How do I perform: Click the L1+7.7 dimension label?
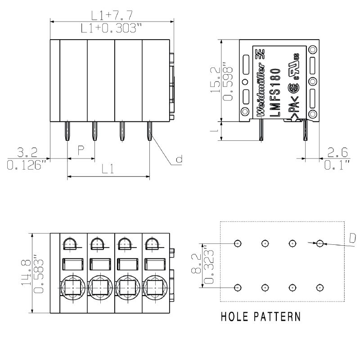pos(112,15)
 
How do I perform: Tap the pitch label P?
pos(81,150)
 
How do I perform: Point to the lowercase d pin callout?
pos(179,159)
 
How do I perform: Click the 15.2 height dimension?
pos(216,80)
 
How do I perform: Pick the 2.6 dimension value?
pos(337,152)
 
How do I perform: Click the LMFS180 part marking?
pos(275,92)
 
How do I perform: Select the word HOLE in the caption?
pos(234,317)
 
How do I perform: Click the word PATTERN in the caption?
pos(277,317)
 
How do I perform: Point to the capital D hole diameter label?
pos(352,238)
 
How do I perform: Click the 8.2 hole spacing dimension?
pos(196,263)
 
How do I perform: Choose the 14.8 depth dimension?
pos(26,273)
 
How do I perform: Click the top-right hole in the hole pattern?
pos(320,243)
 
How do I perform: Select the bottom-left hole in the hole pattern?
pos(238,288)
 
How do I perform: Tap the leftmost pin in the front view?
pos(67,131)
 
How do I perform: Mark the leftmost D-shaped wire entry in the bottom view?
pos(70,244)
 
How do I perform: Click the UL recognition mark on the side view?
pos(294,67)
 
